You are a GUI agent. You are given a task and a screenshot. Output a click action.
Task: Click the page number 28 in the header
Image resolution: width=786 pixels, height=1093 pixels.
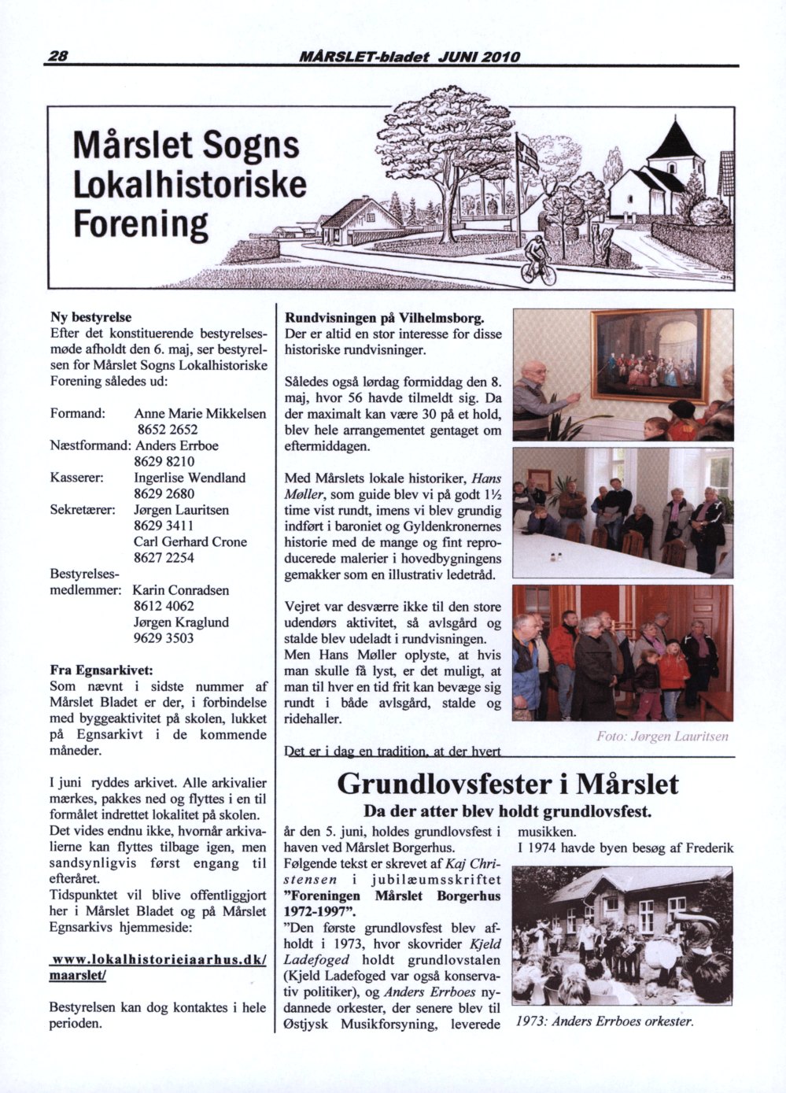(x=60, y=57)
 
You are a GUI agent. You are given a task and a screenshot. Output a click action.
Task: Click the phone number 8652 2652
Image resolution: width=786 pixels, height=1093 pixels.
(x=167, y=430)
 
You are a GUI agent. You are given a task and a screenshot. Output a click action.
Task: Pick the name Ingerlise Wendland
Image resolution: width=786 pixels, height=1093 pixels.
(x=190, y=478)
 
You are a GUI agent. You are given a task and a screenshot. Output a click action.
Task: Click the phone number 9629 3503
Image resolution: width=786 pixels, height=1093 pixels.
(x=164, y=638)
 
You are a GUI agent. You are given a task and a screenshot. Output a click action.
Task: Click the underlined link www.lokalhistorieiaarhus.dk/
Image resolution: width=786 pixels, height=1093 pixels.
(x=157, y=961)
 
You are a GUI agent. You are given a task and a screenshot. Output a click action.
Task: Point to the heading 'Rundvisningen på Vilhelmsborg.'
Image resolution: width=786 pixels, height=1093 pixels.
(x=383, y=318)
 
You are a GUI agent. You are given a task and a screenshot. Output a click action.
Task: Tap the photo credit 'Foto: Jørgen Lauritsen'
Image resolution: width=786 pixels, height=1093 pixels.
(x=662, y=737)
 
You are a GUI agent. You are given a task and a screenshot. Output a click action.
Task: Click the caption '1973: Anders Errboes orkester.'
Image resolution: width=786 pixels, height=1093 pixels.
(x=605, y=1022)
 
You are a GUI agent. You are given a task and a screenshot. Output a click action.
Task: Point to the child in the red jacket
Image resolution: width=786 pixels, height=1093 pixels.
(x=673, y=674)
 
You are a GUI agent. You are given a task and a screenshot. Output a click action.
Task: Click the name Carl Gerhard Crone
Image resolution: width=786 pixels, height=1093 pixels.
(x=190, y=542)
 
